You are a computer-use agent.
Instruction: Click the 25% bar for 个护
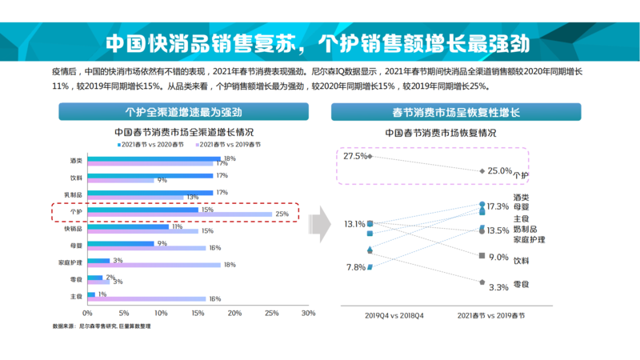coord(179,215)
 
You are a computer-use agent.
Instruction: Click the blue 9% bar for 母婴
coord(121,244)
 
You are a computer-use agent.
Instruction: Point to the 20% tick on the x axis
coord(234,313)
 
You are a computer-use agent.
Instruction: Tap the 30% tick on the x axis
coord(308,313)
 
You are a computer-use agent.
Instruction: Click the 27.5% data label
coord(355,156)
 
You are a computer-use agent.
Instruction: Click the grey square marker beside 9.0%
coord(481,256)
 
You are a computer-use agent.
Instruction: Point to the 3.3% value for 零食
coord(498,286)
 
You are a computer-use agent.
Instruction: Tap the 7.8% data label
coord(355,267)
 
